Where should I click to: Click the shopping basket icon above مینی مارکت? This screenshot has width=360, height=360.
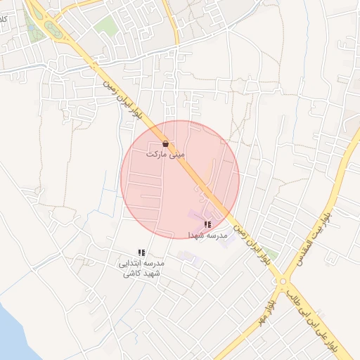click(165, 143)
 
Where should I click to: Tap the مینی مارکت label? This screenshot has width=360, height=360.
click(165, 153)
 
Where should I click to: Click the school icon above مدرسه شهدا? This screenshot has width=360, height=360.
click(207, 224)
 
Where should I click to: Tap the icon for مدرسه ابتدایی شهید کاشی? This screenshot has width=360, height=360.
click(141, 252)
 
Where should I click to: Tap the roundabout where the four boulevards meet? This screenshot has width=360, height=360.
click(283, 282)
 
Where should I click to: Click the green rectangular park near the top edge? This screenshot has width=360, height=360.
click(106, 27)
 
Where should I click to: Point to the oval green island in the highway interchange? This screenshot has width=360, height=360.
click(53, 29)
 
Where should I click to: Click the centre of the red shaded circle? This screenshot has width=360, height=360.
click(180, 180)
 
